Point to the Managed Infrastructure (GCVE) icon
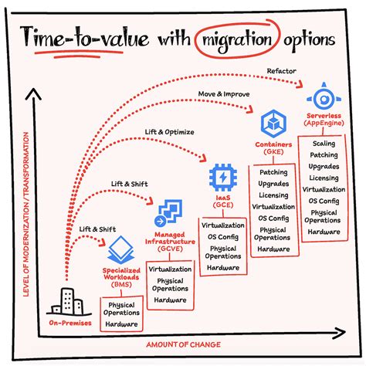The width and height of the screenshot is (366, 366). [x=169, y=214]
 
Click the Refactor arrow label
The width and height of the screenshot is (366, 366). [x=282, y=71]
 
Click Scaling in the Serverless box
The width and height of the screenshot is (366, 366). [x=323, y=144]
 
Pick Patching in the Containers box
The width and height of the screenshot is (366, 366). [x=273, y=173]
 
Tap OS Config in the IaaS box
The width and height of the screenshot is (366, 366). [x=223, y=236]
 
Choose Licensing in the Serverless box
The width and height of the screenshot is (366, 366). [x=323, y=177]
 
